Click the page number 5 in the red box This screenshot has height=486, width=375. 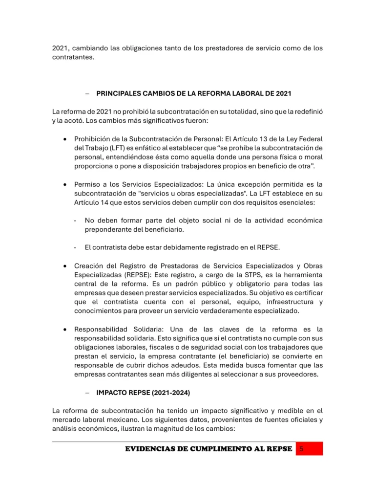click(302, 449)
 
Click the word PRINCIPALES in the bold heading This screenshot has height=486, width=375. click(118, 93)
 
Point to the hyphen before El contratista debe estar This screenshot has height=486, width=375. click(75, 247)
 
